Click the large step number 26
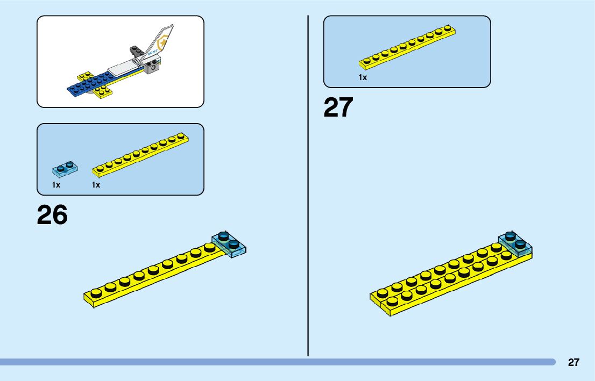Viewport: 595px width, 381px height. [x=52, y=215]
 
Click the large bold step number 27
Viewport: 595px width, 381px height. [x=338, y=107]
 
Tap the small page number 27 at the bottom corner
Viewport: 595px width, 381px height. [x=573, y=362]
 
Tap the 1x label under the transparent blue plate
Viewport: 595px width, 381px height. [x=56, y=185]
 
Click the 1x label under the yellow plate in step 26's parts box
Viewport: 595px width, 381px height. [x=96, y=185]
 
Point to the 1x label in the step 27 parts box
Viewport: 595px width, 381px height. [x=363, y=77]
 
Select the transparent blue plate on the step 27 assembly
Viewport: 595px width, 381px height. [x=515, y=243]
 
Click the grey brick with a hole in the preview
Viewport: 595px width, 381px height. [x=153, y=67]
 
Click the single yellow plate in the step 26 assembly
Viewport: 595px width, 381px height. [x=151, y=274]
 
